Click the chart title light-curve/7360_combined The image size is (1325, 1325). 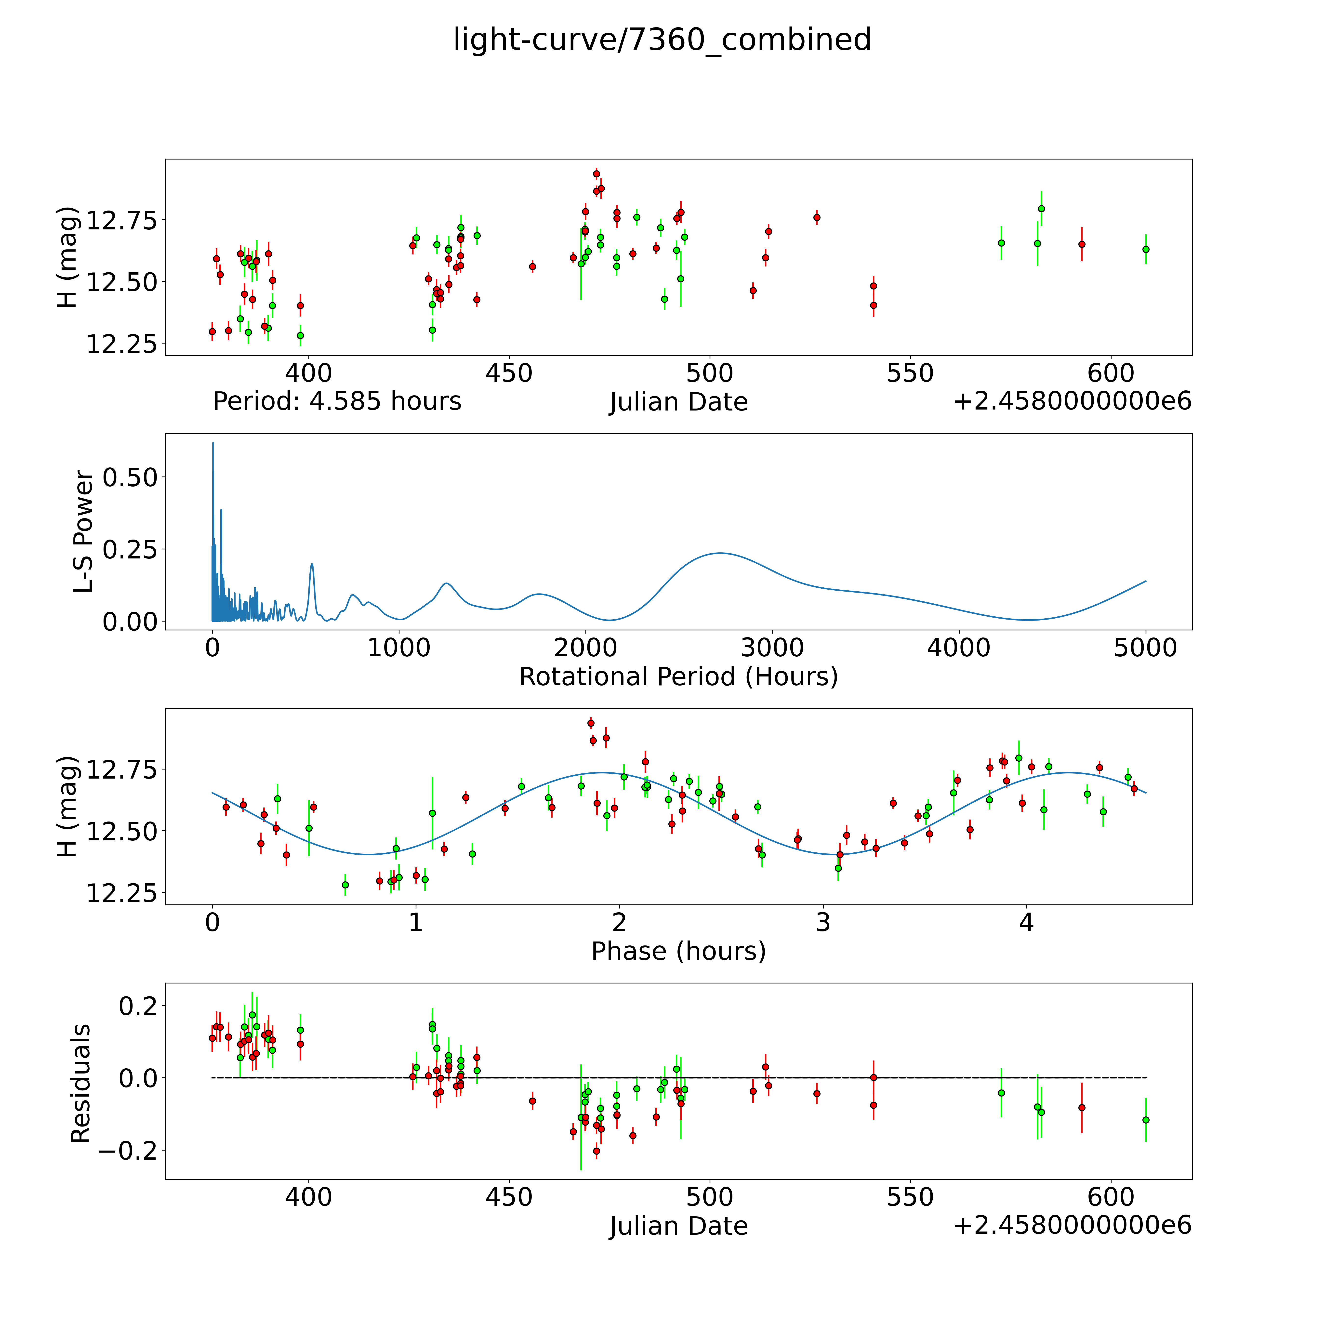(662, 40)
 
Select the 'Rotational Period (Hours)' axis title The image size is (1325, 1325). (678, 677)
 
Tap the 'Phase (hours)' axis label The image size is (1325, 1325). (678, 951)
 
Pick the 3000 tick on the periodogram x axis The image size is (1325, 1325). (772, 648)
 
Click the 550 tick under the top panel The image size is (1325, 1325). (909, 374)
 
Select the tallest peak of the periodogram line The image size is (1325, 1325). (212, 443)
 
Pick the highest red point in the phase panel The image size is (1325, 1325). (591, 723)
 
